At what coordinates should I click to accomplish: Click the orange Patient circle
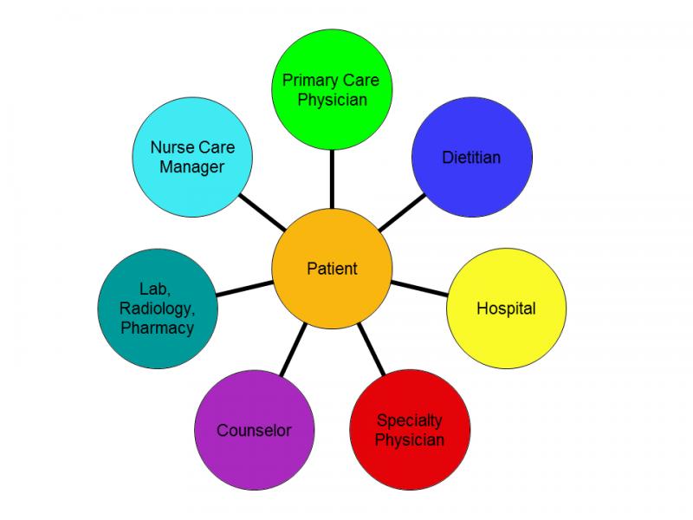[x=332, y=269]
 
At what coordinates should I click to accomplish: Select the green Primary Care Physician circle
[x=332, y=89]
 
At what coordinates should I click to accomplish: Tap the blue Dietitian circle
[x=472, y=157]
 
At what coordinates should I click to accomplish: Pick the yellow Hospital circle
[x=507, y=309]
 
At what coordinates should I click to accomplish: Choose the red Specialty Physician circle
[x=410, y=429]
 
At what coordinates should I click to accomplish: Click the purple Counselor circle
[x=254, y=430]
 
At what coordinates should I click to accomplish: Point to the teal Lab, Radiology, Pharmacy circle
[x=158, y=309]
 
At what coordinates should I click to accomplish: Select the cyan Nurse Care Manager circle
[x=192, y=157]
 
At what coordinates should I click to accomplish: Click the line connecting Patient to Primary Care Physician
[x=332, y=179]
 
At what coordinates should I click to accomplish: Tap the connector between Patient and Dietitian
[x=402, y=212]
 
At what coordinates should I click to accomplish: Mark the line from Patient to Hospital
[x=419, y=289]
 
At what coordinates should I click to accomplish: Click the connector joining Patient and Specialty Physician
[x=372, y=349]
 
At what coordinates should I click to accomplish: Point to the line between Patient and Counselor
[x=294, y=350]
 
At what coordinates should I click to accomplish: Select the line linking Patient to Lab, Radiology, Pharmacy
[x=244, y=289]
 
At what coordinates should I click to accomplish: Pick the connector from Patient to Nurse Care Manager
[x=262, y=212]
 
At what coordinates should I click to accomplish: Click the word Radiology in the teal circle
[x=157, y=309]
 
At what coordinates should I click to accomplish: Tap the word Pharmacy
[x=158, y=328]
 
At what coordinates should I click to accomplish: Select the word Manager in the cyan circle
[x=191, y=167]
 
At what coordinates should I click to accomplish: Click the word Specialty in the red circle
[x=409, y=420]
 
